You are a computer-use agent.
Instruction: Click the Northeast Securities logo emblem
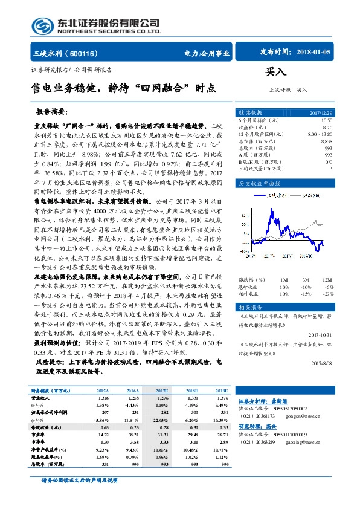(45, 24)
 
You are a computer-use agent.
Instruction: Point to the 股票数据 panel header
(249, 112)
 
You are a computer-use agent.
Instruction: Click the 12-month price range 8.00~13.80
(319, 134)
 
